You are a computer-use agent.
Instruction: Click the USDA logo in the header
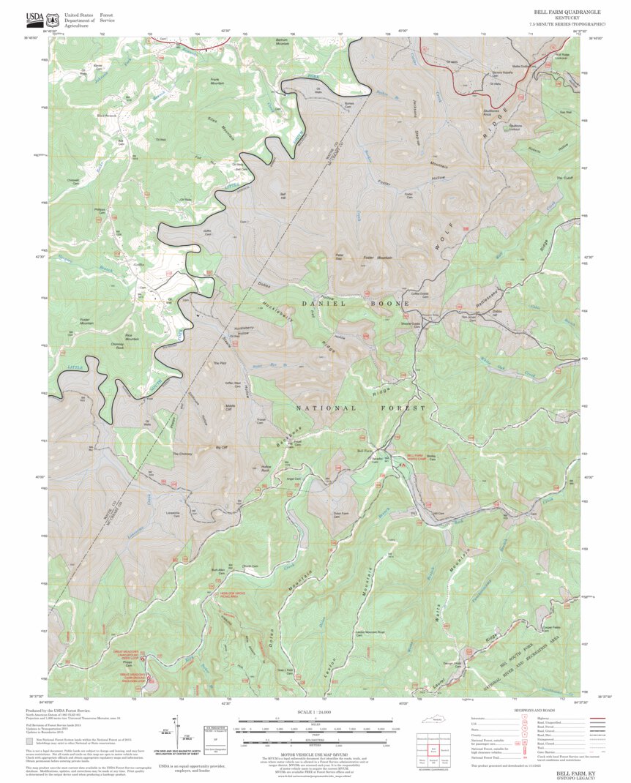[x=34, y=18]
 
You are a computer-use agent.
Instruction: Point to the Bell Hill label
[x=283, y=195]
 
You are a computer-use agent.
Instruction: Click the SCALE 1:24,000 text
[x=315, y=712]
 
